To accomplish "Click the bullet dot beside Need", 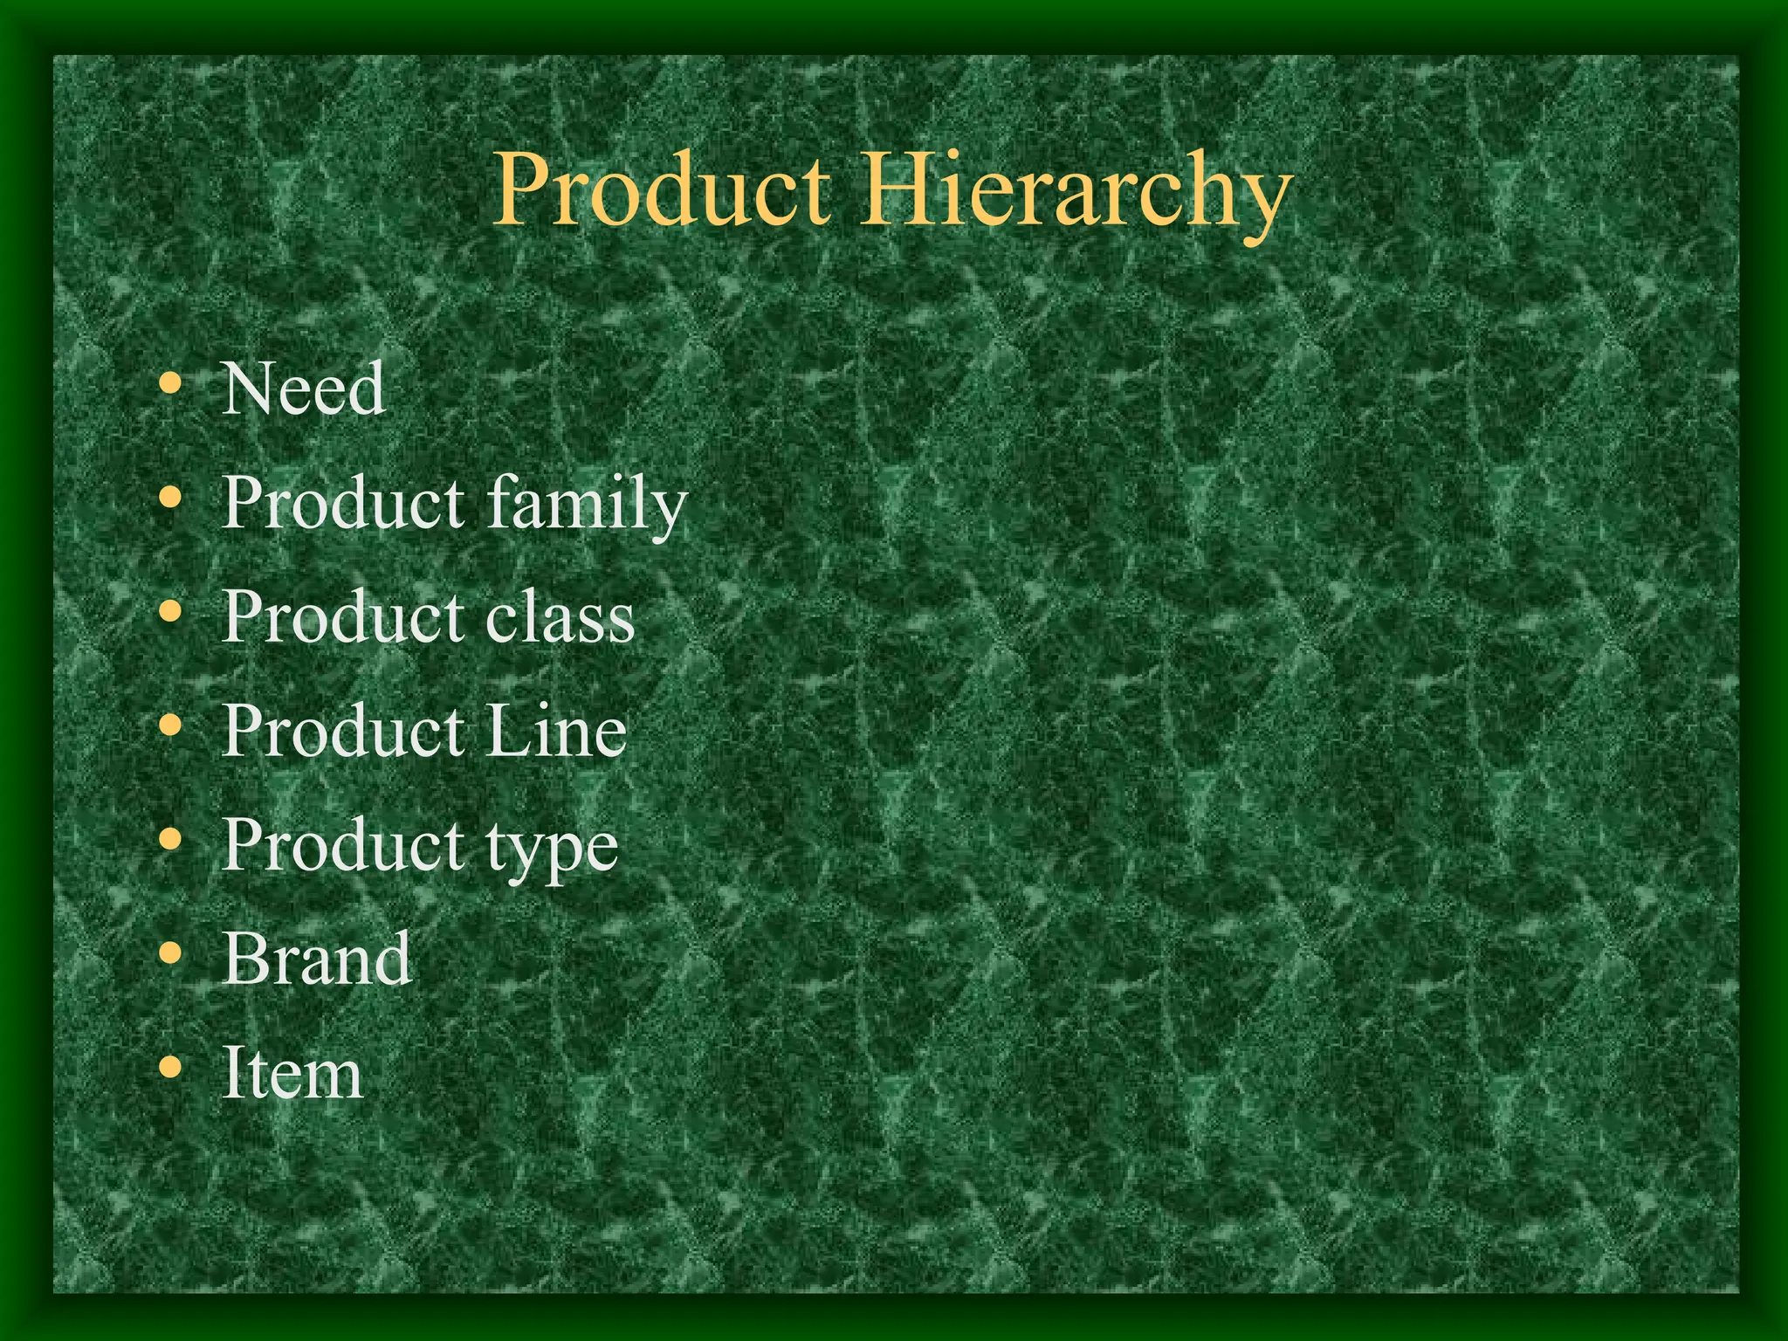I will [171, 384].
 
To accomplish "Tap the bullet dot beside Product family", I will [171, 498].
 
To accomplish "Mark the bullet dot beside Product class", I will [171, 612].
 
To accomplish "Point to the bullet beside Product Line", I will [171, 726].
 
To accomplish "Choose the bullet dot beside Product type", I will [171, 840].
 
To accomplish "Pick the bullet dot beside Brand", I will [171, 953].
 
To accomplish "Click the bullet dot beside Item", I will [171, 1067].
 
